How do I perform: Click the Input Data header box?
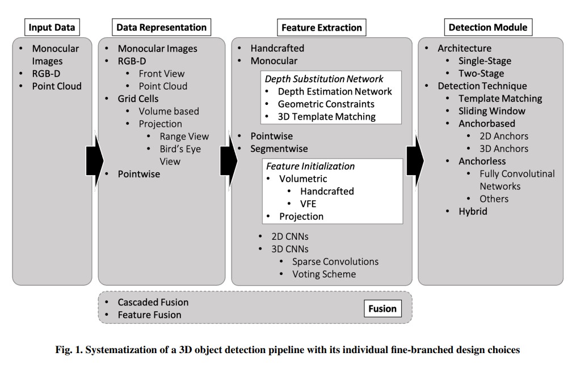point(52,27)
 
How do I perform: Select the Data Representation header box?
point(161,27)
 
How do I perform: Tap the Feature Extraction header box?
point(321,27)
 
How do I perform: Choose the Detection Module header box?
point(487,27)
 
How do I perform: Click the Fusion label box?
point(382,309)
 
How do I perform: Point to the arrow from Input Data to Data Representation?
point(94,160)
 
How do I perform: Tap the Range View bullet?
point(184,136)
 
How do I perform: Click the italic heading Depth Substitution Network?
point(324,79)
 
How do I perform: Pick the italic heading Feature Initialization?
point(310,166)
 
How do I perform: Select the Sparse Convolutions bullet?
point(335,261)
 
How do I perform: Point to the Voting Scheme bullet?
point(324,274)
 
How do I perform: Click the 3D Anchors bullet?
point(504,148)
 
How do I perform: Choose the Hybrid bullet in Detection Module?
point(473,211)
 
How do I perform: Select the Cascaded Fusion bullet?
point(153,302)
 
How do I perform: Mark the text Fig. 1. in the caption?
point(68,350)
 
